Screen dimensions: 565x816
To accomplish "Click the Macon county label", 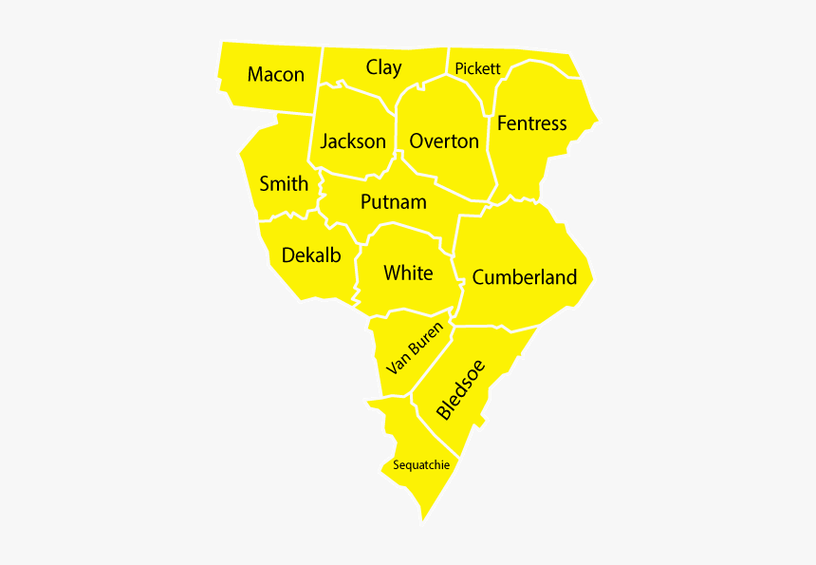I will [x=276, y=74].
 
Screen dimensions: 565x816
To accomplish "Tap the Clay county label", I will [x=383, y=67].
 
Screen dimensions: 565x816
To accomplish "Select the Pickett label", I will [x=477, y=68].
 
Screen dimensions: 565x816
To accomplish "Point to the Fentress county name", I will [x=531, y=123].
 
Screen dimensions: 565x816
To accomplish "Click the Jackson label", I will [x=353, y=141].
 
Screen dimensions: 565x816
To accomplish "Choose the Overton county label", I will [x=444, y=141].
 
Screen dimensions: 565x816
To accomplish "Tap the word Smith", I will [x=284, y=183].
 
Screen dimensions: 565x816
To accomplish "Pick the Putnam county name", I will [x=393, y=202].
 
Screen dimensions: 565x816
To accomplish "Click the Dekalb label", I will [x=311, y=255].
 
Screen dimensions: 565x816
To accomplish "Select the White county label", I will [x=408, y=273].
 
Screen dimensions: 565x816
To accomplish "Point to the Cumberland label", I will [x=524, y=277].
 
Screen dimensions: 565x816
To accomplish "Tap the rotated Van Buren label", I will [x=415, y=348].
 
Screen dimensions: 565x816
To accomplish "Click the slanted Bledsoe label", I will [x=461, y=389].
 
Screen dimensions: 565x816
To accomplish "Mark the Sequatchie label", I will [x=421, y=465].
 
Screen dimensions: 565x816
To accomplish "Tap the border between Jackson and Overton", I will [x=396, y=133].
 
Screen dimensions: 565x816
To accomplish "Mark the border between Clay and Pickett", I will [x=448, y=61].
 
